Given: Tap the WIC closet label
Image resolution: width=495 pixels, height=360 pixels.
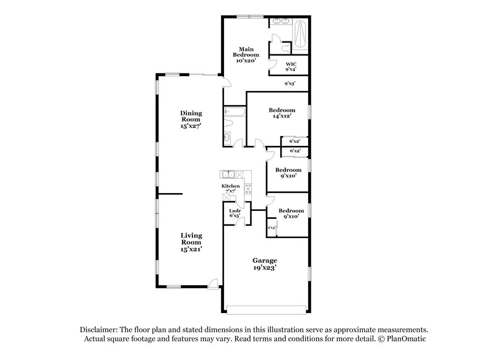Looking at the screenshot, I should click(x=290, y=67).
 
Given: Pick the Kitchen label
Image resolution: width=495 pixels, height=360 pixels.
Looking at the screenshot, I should click(x=230, y=186).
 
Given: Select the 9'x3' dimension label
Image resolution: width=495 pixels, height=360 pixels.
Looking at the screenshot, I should click(x=290, y=84).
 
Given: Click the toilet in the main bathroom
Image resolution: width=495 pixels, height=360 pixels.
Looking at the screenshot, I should click(x=283, y=48).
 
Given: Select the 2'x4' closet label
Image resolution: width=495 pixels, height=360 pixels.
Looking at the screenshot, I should click(x=271, y=228).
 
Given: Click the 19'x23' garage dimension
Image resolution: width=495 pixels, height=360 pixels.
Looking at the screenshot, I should click(x=264, y=269).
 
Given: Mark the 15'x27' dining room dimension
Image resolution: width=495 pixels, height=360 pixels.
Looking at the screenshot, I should click(x=191, y=126).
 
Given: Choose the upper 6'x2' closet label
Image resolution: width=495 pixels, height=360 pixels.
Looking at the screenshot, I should click(x=295, y=142).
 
